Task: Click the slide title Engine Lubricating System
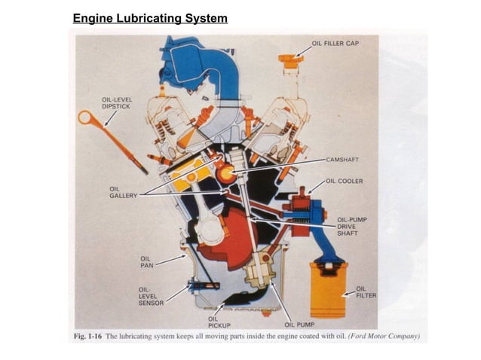coord(150,18)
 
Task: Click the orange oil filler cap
coord(290,59)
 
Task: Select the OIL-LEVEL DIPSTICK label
coord(117,102)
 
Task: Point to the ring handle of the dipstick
coord(86,117)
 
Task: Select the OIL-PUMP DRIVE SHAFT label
coord(351,227)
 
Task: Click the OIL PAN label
coord(146,261)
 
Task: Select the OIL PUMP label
coord(299,325)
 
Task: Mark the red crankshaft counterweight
coord(226,237)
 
